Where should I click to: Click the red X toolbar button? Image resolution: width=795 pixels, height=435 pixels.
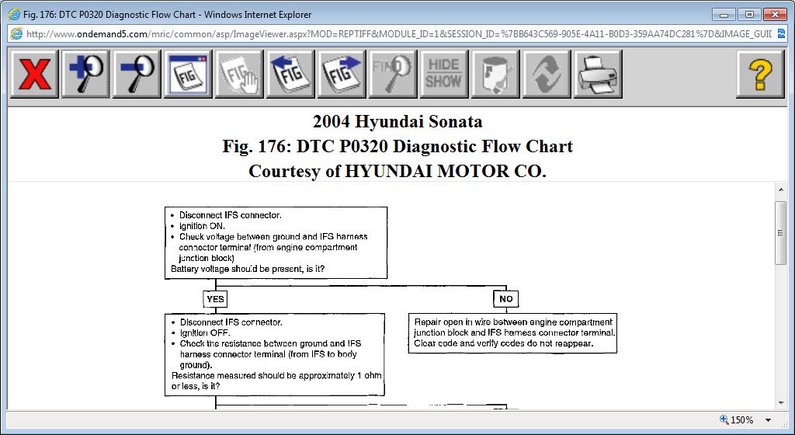point(35,75)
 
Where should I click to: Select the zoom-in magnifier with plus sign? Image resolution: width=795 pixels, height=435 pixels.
point(85,75)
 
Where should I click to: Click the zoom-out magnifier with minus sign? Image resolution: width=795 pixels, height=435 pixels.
point(137,75)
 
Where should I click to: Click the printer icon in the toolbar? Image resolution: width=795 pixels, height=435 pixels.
point(598,75)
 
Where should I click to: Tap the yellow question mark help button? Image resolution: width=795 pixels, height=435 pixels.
point(760,75)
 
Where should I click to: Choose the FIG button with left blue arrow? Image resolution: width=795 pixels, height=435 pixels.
point(290,75)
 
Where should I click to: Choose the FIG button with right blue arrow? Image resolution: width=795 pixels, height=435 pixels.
point(342,75)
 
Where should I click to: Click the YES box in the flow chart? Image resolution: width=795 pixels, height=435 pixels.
point(215,299)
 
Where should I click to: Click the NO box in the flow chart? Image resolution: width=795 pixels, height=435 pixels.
point(505,299)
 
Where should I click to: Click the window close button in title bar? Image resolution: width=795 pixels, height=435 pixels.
point(775,14)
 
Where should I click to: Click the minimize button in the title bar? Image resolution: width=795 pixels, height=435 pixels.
point(724,14)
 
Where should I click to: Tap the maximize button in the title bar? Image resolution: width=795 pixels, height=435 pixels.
point(748,14)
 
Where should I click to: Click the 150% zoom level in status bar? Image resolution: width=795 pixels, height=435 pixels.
point(741,420)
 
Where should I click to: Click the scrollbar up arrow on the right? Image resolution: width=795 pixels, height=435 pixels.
point(781,190)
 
